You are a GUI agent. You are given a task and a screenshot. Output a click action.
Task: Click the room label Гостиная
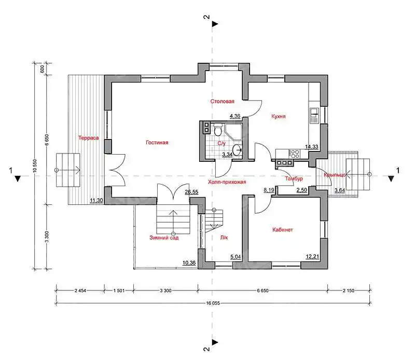pyautogui.click(x=157, y=143)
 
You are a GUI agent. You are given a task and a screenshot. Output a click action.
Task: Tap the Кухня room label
pyautogui.click(x=279, y=116)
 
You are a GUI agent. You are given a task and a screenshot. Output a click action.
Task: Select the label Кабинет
pyautogui.click(x=283, y=230)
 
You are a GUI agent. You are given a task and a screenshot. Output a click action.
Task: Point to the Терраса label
pyautogui.click(x=88, y=138)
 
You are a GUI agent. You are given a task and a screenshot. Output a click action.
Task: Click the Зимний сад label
pyautogui.click(x=164, y=238)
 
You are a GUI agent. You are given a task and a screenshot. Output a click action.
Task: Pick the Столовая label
pyautogui.click(x=223, y=101)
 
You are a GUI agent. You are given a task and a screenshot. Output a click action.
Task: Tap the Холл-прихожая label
pyautogui.click(x=227, y=182)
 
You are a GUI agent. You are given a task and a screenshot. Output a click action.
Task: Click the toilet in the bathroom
pyautogui.click(x=218, y=130)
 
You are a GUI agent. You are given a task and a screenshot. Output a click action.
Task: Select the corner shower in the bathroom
pyautogui.click(x=233, y=132)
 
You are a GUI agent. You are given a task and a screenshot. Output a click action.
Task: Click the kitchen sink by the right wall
pyautogui.click(x=314, y=115)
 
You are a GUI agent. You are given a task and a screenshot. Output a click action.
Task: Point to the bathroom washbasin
pyautogui.click(x=238, y=151)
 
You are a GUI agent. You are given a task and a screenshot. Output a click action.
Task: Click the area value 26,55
pyautogui.click(x=191, y=192)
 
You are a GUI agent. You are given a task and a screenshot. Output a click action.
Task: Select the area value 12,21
pyautogui.click(x=312, y=256)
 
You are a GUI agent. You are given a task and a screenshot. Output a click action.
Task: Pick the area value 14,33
pyautogui.click(x=312, y=147)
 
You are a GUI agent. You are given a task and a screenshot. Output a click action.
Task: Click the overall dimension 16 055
pyautogui.click(x=213, y=303)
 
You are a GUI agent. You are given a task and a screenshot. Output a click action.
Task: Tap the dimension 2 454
pyautogui.click(x=80, y=290)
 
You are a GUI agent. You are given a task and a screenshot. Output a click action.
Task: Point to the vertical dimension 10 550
pyautogui.click(x=35, y=166)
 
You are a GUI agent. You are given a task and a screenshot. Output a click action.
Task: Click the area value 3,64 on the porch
pyautogui.click(x=340, y=190)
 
